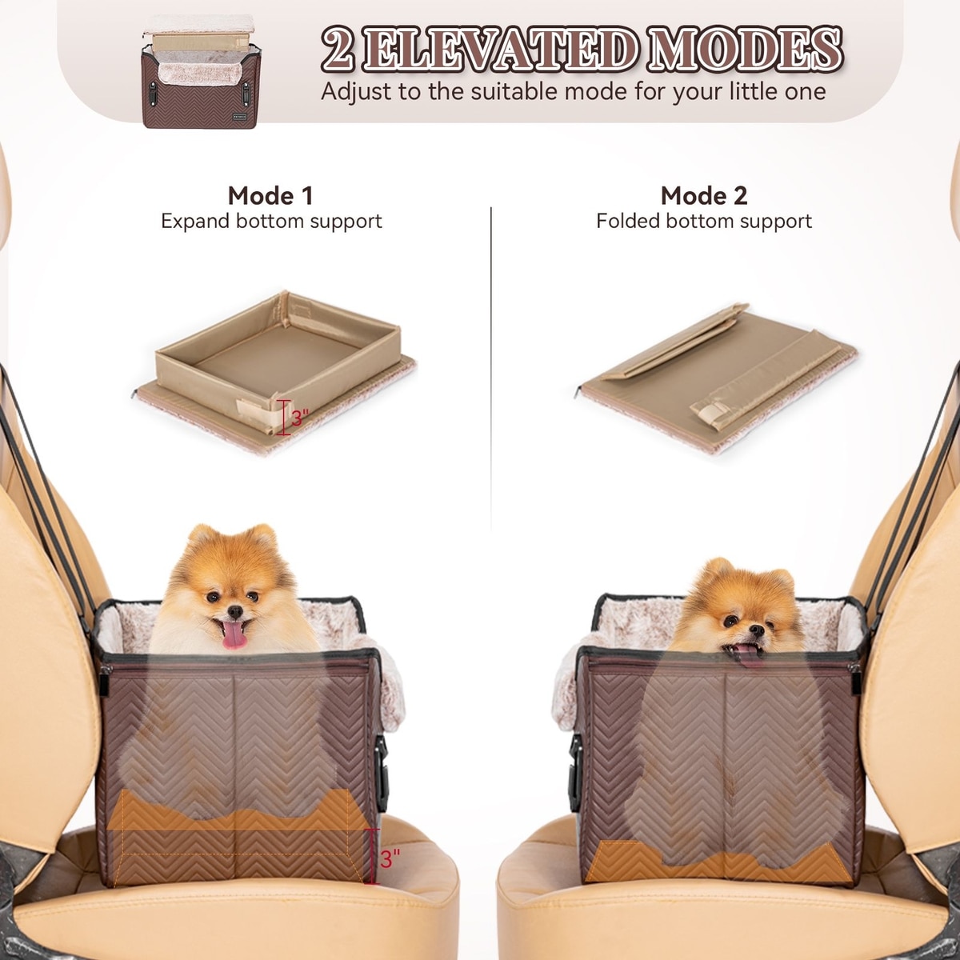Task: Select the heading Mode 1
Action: point(270,195)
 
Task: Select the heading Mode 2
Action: point(703,195)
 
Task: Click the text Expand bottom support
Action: point(271,221)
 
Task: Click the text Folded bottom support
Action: point(704,221)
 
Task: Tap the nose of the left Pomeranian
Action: point(235,610)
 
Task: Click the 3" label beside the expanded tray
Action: point(300,418)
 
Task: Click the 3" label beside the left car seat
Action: point(390,859)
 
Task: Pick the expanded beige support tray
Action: point(277,371)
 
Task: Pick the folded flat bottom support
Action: point(718,376)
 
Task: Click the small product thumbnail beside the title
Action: point(202,71)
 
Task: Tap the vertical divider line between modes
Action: point(491,369)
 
